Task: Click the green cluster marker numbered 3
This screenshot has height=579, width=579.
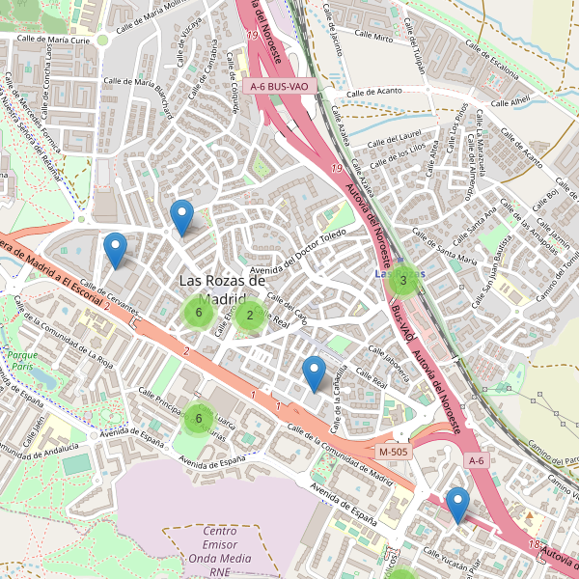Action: click(x=402, y=280)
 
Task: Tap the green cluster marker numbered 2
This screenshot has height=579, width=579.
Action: click(x=250, y=314)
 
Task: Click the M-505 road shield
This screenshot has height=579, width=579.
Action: click(x=394, y=452)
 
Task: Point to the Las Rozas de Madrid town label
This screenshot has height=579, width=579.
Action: click(x=222, y=289)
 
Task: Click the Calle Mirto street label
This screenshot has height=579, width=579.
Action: click(x=372, y=39)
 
